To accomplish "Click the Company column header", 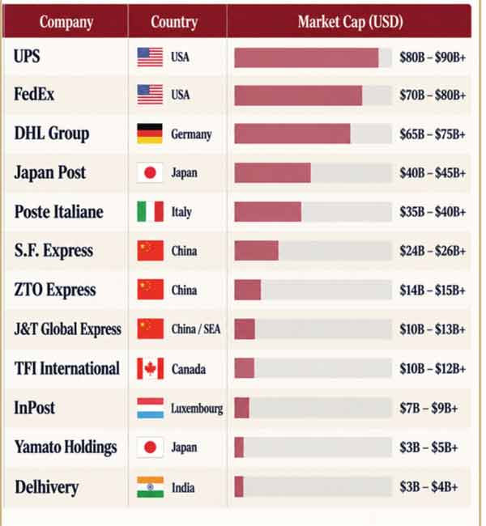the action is pos(66,23).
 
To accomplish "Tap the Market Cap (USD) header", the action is pos(350,22).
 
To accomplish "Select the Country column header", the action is pos(174,23).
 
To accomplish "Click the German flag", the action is pos(150,134).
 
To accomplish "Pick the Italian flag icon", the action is pos(150,212).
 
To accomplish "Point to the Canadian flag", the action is pos(150,368).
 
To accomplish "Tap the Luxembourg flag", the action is pos(150,408).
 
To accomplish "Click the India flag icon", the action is pos(150,487).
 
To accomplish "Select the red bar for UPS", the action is pos(306,57).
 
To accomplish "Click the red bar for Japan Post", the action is pos(272,172).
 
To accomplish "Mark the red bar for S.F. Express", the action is pos(256,251).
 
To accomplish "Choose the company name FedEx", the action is pos(34,94).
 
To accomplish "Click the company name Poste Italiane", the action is pos(59,212).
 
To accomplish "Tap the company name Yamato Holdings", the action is pos(66,448).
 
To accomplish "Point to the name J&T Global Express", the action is pos(67,329).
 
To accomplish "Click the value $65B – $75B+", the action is pos(433,134).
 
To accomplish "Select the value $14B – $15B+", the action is pos(433,291).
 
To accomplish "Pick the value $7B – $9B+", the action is pos(428,408).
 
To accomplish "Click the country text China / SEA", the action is pos(196,329).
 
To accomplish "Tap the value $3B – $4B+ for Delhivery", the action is pos(428,486).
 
